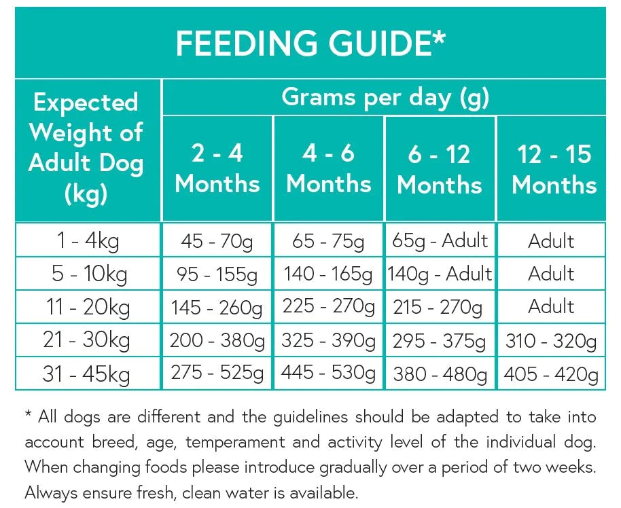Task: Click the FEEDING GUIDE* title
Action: [x=310, y=43]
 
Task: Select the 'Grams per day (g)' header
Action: [x=385, y=98]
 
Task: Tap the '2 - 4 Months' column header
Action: [x=217, y=168]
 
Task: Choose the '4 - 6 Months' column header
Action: [x=329, y=168]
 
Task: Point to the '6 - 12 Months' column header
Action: [x=440, y=169]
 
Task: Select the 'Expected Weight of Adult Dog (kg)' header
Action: [x=86, y=149]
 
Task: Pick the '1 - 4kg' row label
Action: [x=86, y=241]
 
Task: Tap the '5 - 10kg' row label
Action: [x=86, y=274]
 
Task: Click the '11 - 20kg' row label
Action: [x=86, y=307]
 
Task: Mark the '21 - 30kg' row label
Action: [x=86, y=340]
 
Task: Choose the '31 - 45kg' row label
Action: [x=86, y=374]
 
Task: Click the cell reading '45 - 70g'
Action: [x=217, y=241]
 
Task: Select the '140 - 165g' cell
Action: [x=329, y=274]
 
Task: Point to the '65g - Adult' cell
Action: [x=440, y=240]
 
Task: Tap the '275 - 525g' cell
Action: [x=217, y=374]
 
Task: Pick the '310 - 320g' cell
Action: [x=551, y=341]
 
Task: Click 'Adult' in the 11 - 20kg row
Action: [x=551, y=307]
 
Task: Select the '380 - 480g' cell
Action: [x=440, y=374]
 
